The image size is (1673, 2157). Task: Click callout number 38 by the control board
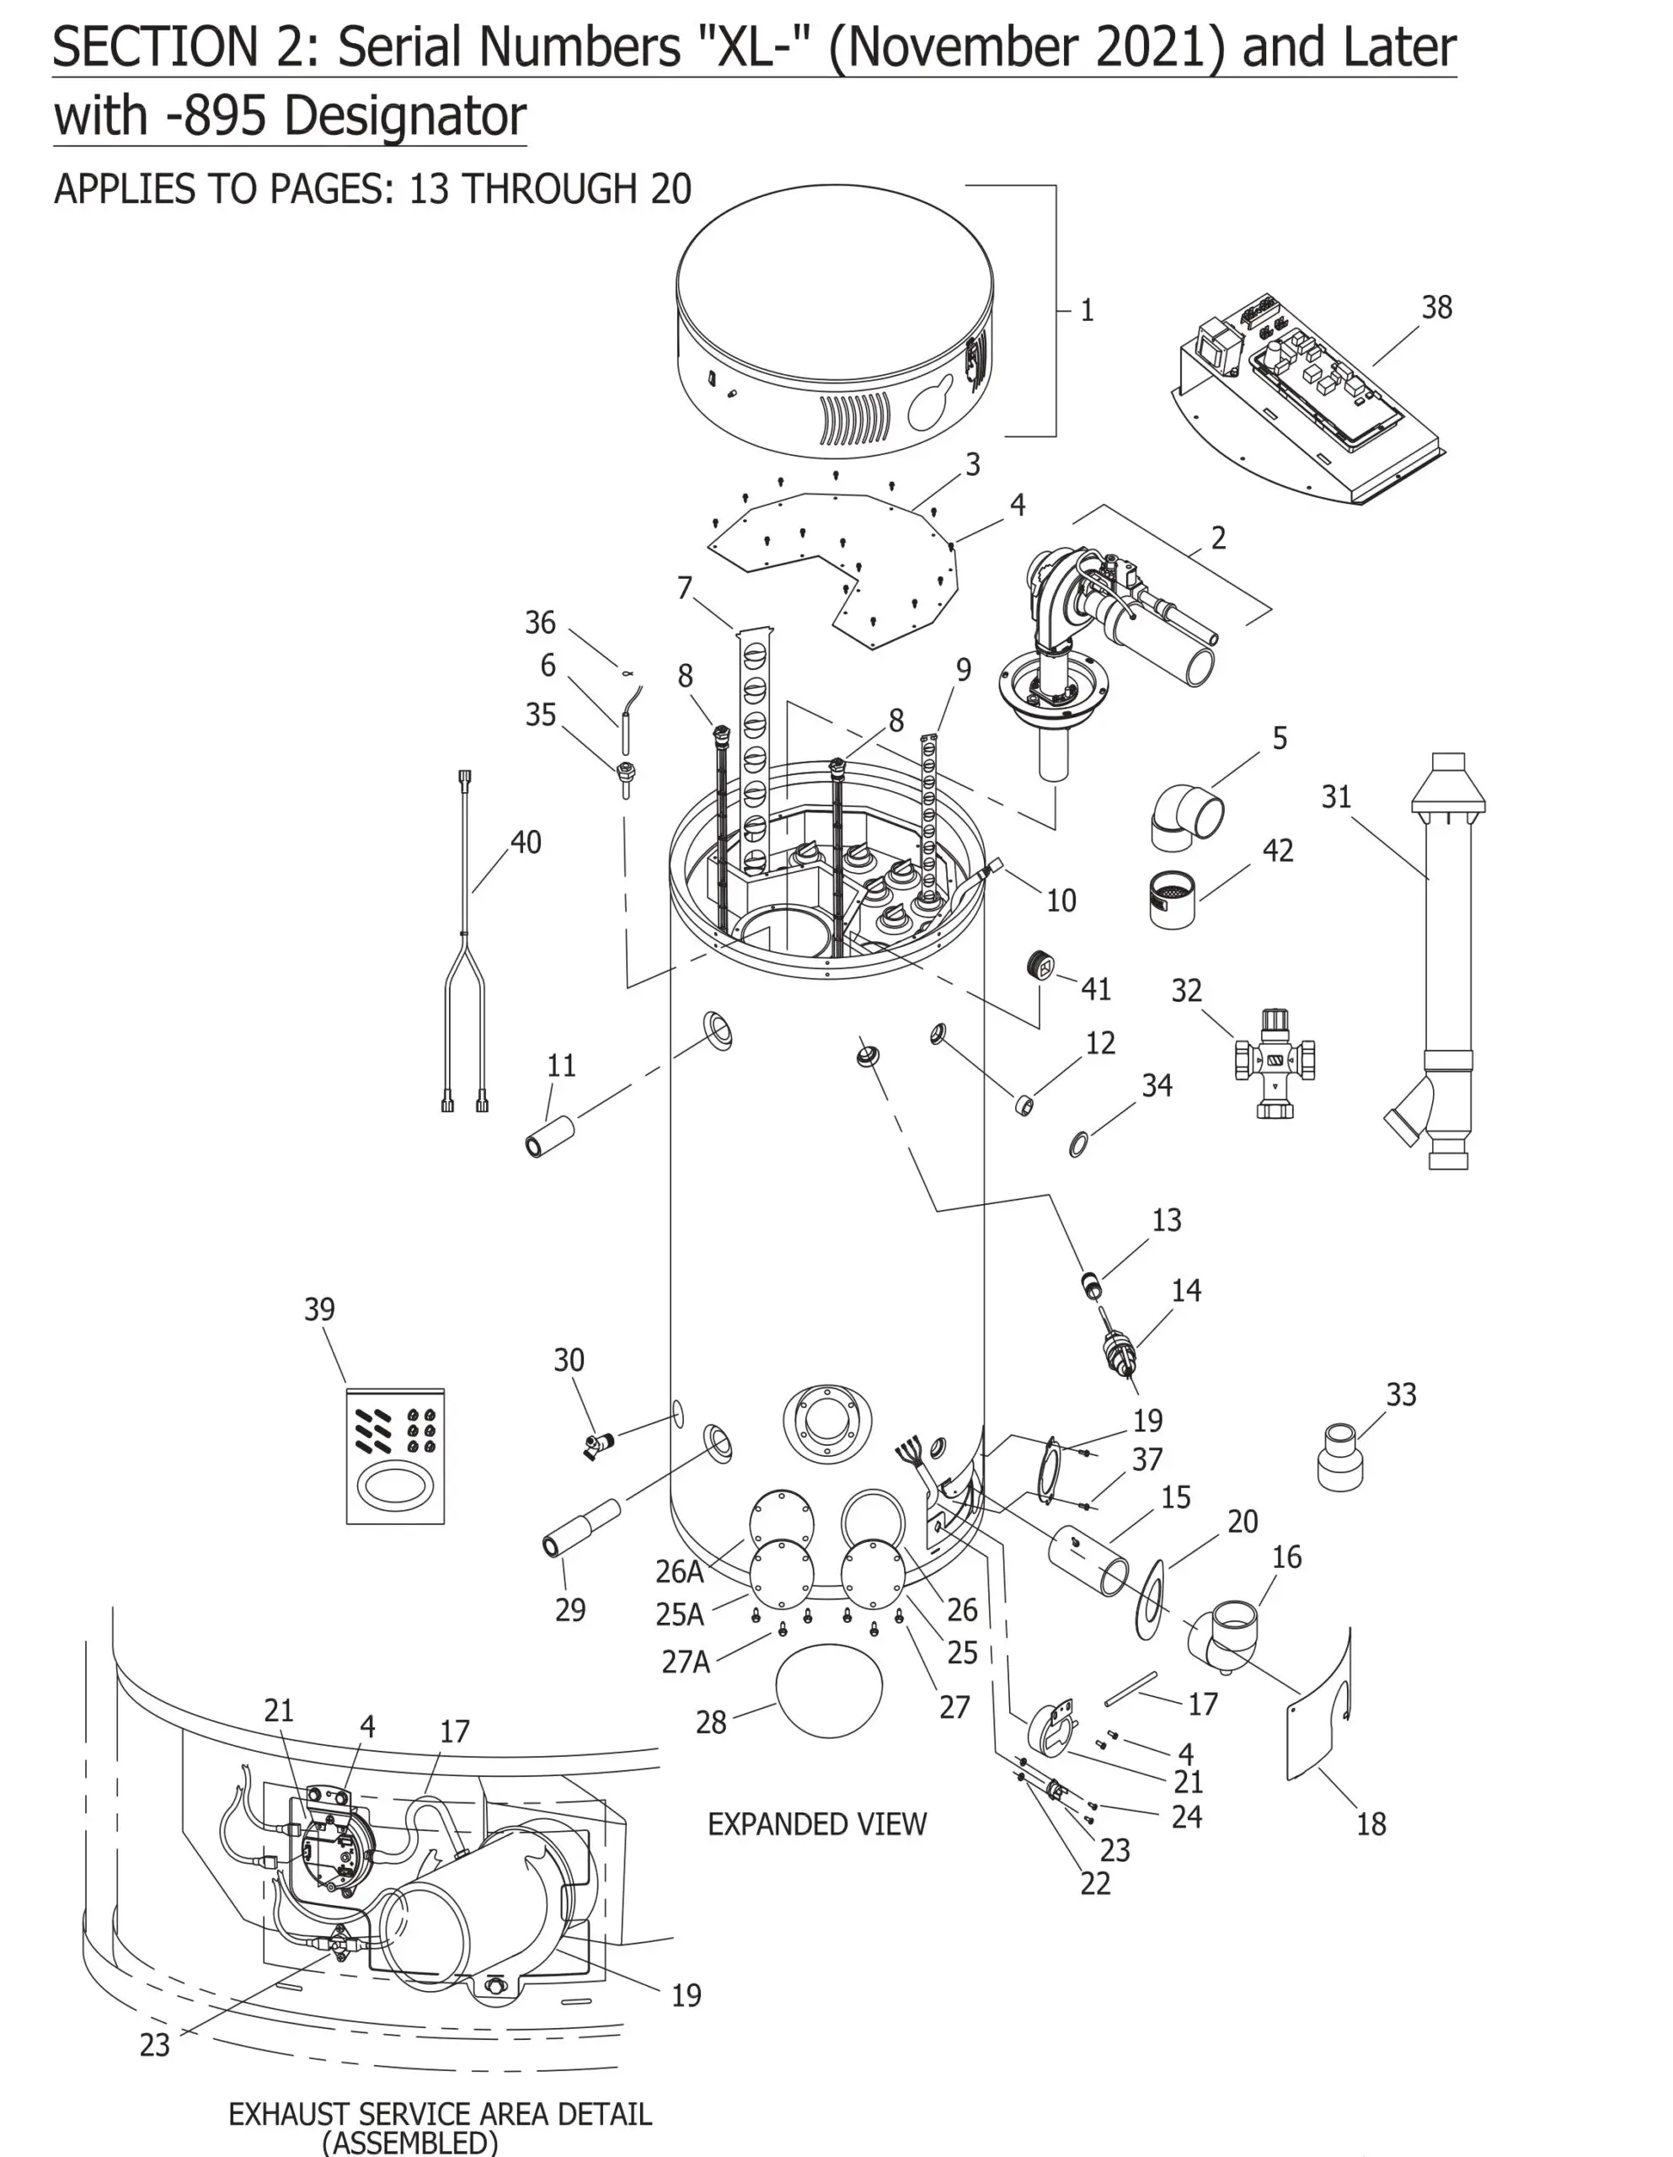(x=1436, y=308)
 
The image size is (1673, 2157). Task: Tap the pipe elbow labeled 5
(x=1185, y=816)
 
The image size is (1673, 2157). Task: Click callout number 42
(x=1277, y=850)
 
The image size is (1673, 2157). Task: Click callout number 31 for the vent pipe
(x=1335, y=797)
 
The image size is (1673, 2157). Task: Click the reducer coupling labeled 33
(x=1340, y=1455)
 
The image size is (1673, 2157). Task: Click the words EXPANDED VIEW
(x=817, y=1824)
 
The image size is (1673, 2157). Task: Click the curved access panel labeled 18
(x=1319, y=1710)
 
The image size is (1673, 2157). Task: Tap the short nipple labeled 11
(x=549, y=1136)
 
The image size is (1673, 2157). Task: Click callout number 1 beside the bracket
(x=1087, y=310)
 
